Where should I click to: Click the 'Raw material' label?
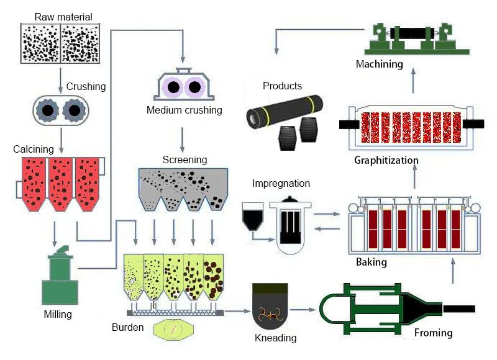[63, 17]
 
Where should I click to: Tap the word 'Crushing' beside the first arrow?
[86, 86]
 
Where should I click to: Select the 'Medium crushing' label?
[184, 110]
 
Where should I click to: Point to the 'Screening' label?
[185, 160]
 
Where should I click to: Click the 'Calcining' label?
[34, 149]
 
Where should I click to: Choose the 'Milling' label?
[58, 315]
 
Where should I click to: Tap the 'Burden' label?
[128, 327]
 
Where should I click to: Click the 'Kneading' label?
[275, 338]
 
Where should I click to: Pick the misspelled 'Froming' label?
[433, 333]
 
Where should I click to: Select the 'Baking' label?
[371, 262]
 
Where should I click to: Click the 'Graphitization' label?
[386, 160]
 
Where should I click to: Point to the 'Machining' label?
[380, 65]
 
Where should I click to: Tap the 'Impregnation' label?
[281, 183]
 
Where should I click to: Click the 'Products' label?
[282, 86]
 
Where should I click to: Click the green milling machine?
[60, 275]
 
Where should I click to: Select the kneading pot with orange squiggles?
[270, 306]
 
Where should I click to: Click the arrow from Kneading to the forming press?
[303, 309]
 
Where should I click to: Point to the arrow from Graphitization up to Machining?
[413, 81]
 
